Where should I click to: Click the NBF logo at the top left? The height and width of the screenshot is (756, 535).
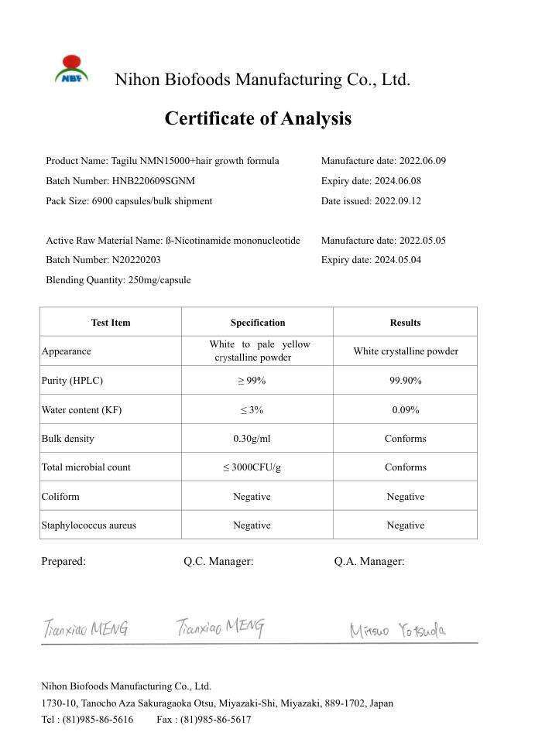point(71,70)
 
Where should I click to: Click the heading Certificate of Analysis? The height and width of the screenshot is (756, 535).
point(258,118)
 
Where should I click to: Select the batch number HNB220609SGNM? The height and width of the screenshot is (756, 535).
point(153,181)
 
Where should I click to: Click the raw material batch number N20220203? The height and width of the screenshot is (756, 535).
point(135,260)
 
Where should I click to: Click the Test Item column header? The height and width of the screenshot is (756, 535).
point(111,323)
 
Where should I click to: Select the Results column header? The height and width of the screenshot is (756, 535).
point(405,323)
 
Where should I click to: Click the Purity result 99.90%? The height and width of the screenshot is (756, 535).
point(405,381)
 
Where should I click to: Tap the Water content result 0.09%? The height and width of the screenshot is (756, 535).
point(405,410)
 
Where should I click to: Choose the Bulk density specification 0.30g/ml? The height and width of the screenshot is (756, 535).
point(252,439)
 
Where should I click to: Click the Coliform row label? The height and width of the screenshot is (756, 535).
point(60,497)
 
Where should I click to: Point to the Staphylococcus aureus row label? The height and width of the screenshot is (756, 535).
point(88,525)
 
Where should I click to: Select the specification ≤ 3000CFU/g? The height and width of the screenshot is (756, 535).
point(252,467)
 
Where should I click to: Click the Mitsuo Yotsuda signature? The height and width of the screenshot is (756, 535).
point(397,631)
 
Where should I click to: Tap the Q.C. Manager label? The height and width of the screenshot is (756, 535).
point(218,562)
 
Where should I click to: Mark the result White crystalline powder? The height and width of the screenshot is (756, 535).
point(405,351)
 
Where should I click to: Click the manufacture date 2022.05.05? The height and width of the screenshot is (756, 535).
point(422,241)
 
